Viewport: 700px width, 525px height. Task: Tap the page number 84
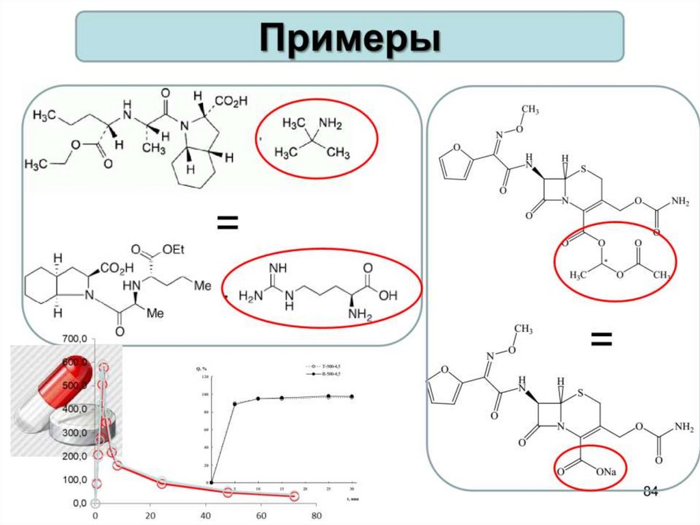pos(650,492)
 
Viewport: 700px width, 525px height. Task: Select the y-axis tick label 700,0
pos(74,339)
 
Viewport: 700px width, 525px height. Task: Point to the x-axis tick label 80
pos(317,515)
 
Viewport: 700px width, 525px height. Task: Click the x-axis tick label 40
pos(206,515)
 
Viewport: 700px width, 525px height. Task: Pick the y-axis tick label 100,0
pos(74,479)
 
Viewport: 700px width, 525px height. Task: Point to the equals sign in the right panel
pos(600,337)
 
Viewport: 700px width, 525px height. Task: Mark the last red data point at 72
pos(294,496)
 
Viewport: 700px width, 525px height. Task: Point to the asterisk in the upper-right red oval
pos(600,261)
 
